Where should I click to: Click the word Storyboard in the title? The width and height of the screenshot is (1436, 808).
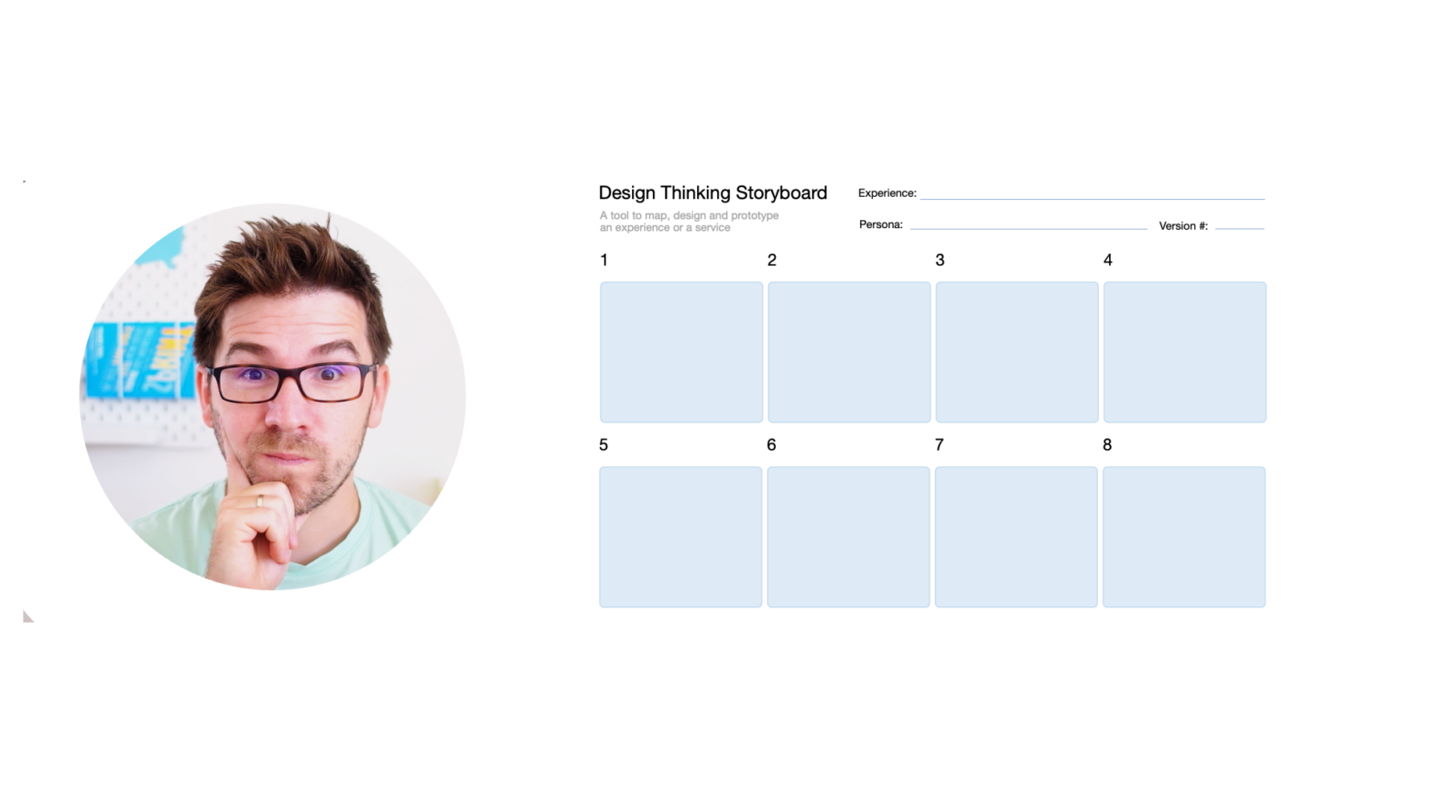click(x=781, y=193)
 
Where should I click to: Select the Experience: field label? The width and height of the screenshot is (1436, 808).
click(x=887, y=193)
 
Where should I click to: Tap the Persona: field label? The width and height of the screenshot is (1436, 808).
click(x=881, y=224)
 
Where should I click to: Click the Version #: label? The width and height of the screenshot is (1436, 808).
click(x=1183, y=225)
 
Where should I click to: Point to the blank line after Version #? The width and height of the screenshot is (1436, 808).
click(x=1240, y=228)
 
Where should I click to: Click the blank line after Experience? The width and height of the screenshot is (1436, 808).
click(x=1093, y=199)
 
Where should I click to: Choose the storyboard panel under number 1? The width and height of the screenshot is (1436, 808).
click(x=681, y=352)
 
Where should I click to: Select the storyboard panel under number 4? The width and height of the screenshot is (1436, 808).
click(x=1185, y=352)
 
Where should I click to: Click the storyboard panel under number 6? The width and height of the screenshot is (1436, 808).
click(x=848, y=537)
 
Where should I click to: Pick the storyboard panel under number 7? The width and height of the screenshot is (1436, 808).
click(x=1017, y=537)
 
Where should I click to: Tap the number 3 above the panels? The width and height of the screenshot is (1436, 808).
click(x=940, y=260)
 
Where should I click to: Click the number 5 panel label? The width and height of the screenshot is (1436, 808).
click(x=604, y=445)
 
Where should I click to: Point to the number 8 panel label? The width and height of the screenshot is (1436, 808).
click(x=1107, y=445)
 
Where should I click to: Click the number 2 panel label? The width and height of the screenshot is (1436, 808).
click(x=772, y=260)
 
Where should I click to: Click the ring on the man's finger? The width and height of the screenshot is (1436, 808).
click(x=260, y=501)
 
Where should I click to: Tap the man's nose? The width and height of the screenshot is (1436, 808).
click(x=288, y=410)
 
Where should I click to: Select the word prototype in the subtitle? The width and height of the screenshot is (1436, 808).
click(x=755, y=215)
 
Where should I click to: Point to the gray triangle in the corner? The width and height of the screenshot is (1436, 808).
click(x=27, y=617)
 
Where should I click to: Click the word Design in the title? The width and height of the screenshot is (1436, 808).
click(x=627, y=193)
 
